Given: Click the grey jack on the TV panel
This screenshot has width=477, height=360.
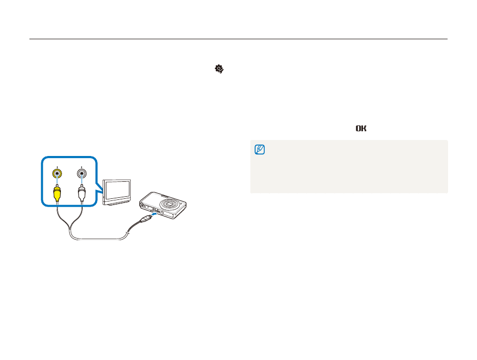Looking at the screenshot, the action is point(82,174).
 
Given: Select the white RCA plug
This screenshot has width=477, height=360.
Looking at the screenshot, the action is point(82,193).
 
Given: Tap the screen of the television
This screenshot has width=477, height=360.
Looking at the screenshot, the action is point(118,190).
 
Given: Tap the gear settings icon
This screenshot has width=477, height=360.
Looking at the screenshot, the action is point(219,68).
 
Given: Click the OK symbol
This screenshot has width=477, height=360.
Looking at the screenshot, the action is point(360,128).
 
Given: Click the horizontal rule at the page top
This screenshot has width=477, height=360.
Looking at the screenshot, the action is point(238,39).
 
